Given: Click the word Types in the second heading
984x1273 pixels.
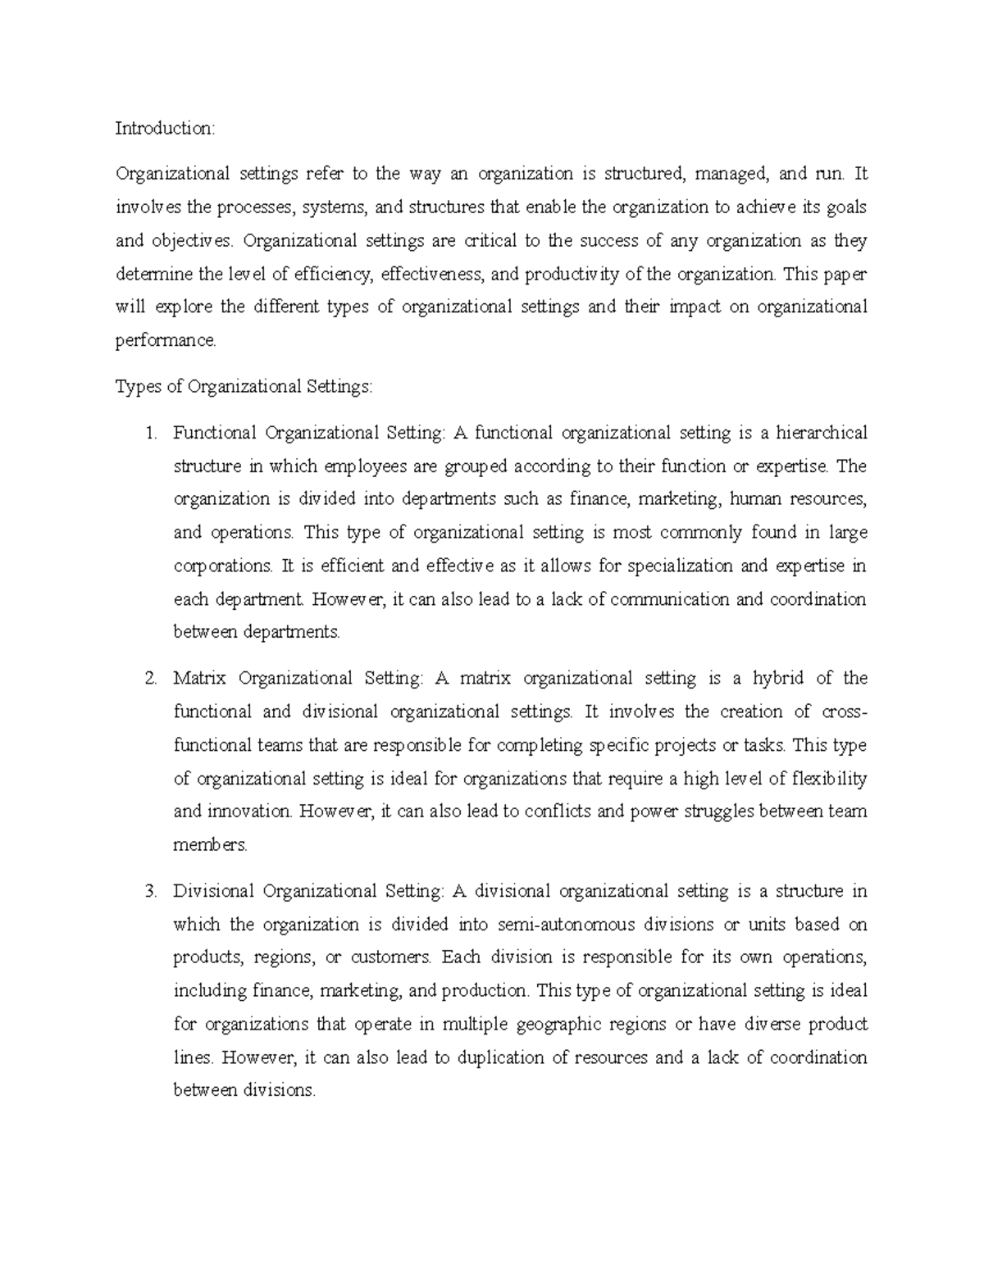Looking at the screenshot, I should (x=138, y=387).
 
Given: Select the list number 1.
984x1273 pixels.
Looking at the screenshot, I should (x=150, y=433).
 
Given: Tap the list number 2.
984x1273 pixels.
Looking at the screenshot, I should (x=150, y=679).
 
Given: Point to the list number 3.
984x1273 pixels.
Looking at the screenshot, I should (x=150, y=891).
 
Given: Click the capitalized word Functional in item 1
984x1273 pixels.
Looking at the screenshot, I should (x=215, y=433).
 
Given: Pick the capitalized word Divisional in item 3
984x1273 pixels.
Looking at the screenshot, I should (x=213, y=891).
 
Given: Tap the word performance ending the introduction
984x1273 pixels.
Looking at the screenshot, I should (x=166, y=340).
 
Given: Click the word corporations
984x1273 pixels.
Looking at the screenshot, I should (x=222, y=566).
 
